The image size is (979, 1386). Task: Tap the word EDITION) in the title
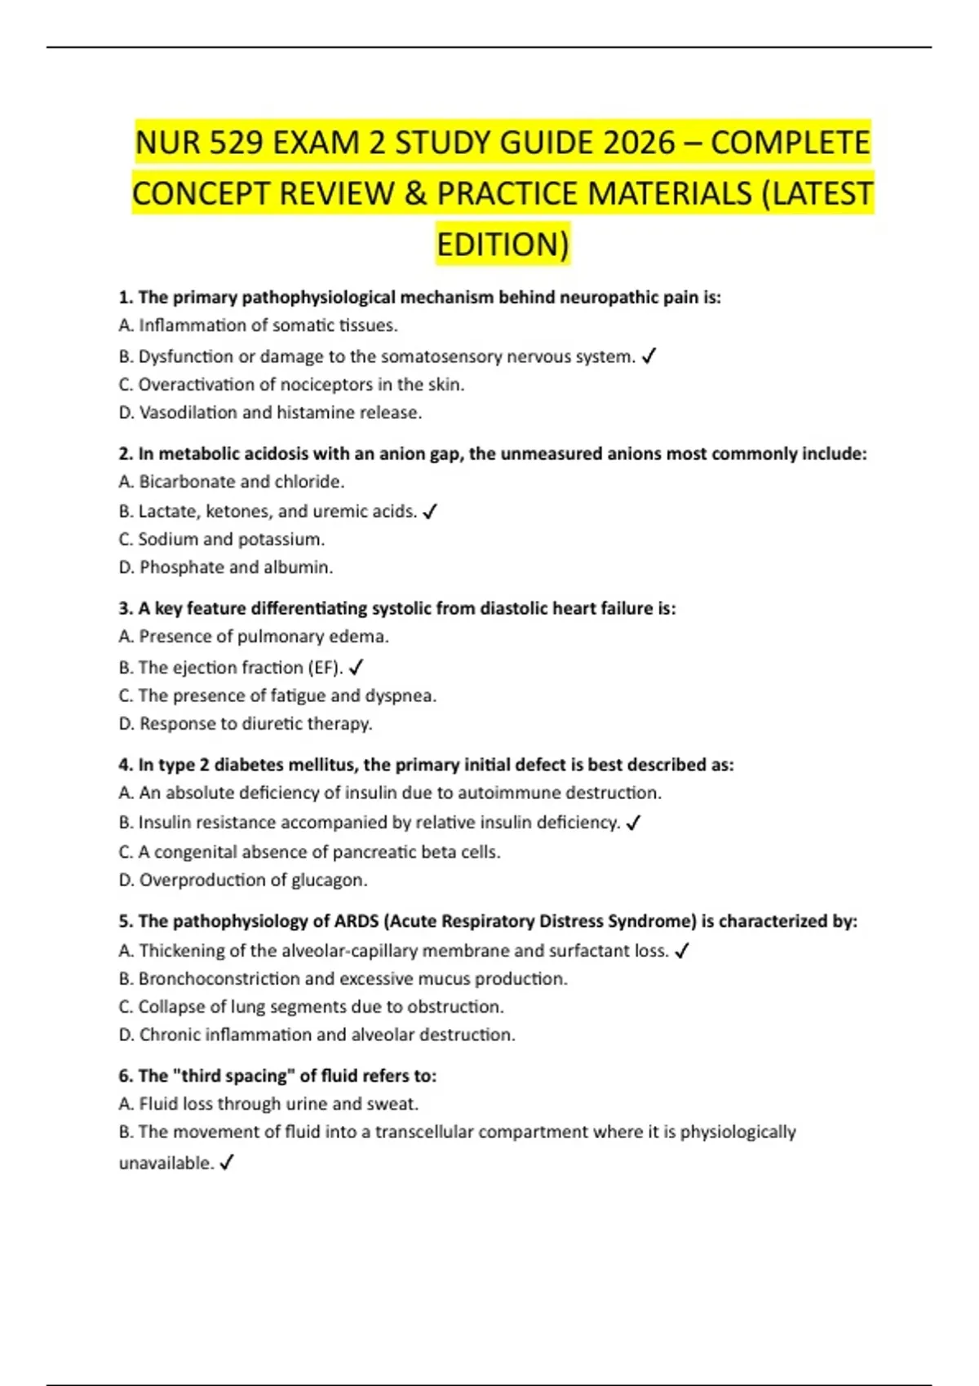pos(503,245)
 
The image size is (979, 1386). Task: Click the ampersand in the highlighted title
pos(414,194)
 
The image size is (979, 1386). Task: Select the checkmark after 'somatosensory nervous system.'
pos(649,356)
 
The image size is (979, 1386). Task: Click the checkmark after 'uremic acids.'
pos(431,512)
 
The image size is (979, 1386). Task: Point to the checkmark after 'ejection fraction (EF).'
pos(356,668)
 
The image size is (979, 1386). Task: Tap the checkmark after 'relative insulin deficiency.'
pos(634,823)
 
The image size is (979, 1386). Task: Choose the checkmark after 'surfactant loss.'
pos(683,951)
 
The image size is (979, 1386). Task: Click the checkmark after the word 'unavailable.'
pos(227,1163)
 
